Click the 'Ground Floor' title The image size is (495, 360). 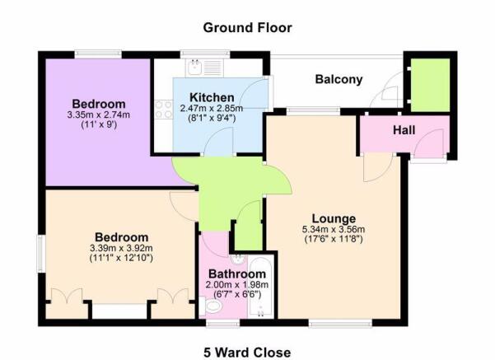coord(247,27)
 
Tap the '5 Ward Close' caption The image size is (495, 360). coord(247,353)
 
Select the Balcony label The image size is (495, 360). coord(339,80)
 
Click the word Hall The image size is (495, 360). coord(404,130)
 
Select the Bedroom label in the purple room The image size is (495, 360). coord(97,103)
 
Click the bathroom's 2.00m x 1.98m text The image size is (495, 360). coord(237,285)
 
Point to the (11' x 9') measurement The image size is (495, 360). coord(97,128)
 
